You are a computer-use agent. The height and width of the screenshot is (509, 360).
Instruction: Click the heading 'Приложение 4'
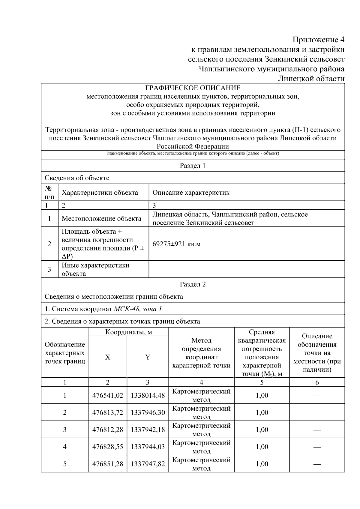tap(318, 40)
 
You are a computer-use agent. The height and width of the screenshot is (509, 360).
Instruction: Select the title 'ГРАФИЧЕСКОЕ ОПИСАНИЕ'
tap(193, 88)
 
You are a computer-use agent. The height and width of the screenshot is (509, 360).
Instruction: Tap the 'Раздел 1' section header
tap(193, 166)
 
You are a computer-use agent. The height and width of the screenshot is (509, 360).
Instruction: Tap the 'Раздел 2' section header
tap(193, 284)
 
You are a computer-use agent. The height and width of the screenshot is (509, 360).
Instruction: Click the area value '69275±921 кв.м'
tap(176, 244)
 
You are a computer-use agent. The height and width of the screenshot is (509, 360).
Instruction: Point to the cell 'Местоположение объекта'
tap(101, 218)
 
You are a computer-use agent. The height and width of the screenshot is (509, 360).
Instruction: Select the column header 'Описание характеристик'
tap(191, 193)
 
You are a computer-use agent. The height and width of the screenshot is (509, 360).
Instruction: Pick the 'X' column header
tap(108, 357)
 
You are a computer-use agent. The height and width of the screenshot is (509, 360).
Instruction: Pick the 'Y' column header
tap(148, 357)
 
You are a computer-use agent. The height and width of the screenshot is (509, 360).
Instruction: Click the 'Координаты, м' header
tap(129, 332)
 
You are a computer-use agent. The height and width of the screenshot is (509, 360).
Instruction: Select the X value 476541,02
tap(108, 395)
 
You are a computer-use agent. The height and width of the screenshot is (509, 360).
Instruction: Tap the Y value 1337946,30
tap(148, 412)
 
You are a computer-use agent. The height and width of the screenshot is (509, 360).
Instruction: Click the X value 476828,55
tap(108, 447)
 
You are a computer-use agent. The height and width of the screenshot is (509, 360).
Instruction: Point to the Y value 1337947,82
tap(148, 464)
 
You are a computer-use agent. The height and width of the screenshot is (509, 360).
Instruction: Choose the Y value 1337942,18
tap(148, 430)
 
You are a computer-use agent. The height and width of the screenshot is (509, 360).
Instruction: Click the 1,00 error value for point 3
tap(262, 430)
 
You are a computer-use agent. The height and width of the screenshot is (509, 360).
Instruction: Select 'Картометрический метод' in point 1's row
tap(201, 395)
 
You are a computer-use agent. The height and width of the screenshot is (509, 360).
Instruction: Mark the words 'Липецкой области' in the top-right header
tap(311, 79)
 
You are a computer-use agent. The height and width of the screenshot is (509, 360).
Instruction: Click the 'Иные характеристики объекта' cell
tap(95, 269)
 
